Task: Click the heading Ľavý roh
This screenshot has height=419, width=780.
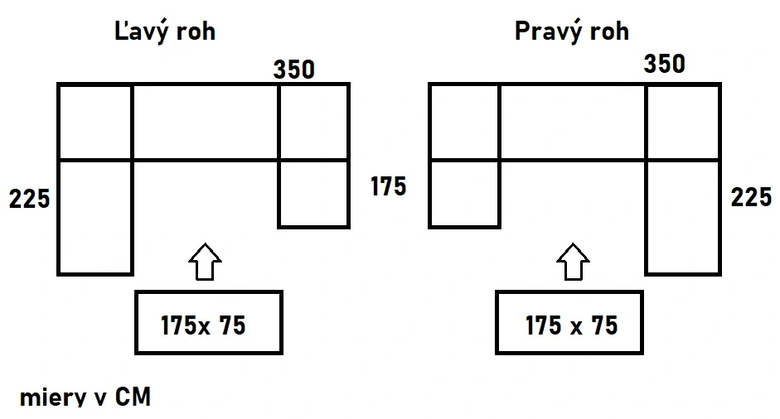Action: click(x=165, y=31)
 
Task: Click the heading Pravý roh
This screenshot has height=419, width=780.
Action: click(x=572, y=31)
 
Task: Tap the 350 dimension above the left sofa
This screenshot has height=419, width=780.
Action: click(x=294, y=70)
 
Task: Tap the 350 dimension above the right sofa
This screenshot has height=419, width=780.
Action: click(x=665, y=64)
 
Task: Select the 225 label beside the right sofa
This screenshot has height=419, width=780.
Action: click(x=751, y=197)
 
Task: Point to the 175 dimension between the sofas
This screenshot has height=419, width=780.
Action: click(x=389, y=187)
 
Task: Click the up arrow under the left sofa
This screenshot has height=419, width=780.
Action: click(x=205, y=262)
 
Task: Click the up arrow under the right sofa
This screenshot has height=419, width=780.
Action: click(x=573, y=262)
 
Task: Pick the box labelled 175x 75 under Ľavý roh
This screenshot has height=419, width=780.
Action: click(x=209, y=323)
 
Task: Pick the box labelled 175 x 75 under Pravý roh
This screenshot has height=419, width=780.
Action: click(x=569, y=323)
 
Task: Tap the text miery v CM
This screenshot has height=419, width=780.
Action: click(x=85, y=397)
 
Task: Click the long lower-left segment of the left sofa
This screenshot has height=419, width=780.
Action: click(x=95, y=217)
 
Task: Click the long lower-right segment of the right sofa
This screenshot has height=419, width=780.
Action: click(x=683, y=217)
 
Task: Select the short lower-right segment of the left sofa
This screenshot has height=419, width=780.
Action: click(x=314, y=194)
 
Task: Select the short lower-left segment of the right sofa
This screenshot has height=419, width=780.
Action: click(x=465, y=194)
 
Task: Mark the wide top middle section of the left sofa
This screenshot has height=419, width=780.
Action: click(x=206, y=123)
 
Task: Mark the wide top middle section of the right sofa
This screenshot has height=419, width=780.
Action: click(x=573, y=123)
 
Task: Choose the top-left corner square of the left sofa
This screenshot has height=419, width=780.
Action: click(x=95, y=123)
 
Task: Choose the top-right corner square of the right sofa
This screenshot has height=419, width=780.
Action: click(x=683, y=123)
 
